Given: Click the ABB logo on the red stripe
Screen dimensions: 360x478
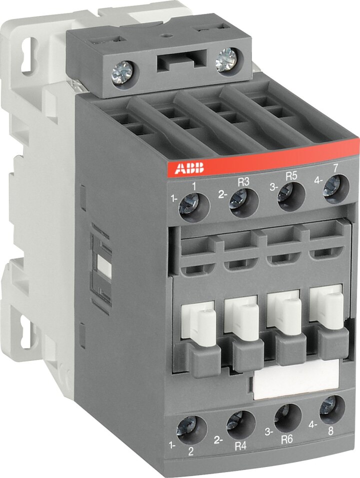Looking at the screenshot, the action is click(x=189, y=168).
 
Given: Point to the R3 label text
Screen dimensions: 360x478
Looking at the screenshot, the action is click(x=243, y=182).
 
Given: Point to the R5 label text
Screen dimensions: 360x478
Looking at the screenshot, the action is click(x=291, y=176).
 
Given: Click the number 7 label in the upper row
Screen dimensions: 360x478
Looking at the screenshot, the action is click(x=335, y=168).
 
